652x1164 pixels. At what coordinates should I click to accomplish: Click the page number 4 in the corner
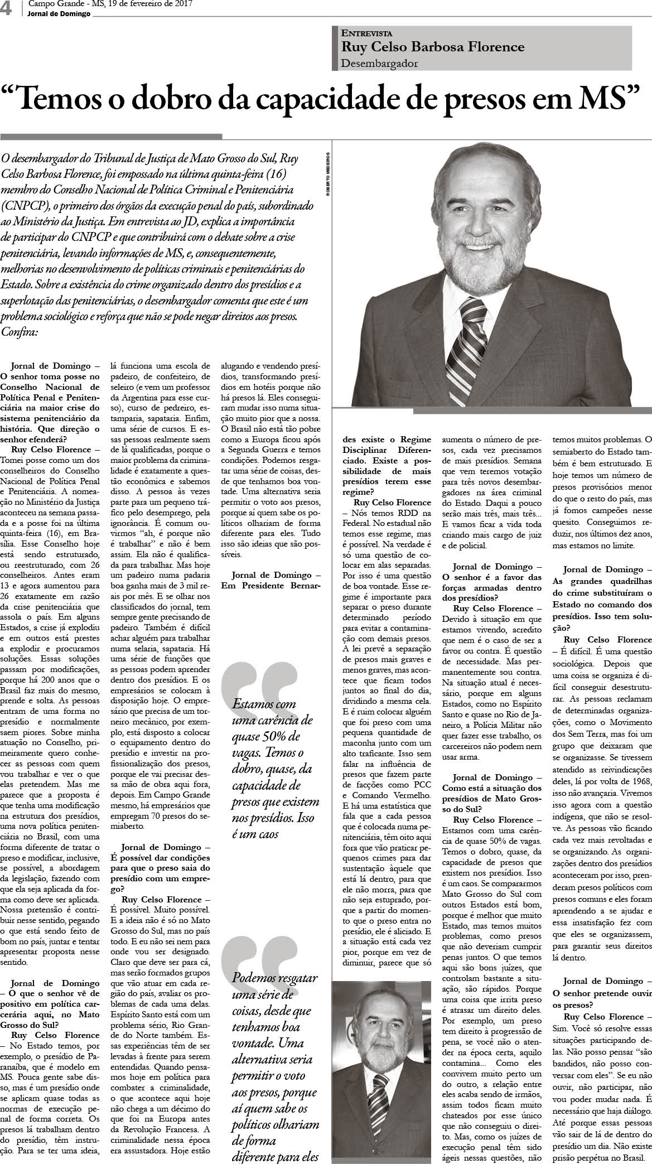(x=7, y=8)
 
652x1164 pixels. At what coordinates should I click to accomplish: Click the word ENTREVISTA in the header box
(x=366, y=33)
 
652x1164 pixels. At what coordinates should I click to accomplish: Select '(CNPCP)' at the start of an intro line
(x=26, y=205)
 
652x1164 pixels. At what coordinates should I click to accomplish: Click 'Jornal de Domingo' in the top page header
(x=59, y=14)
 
